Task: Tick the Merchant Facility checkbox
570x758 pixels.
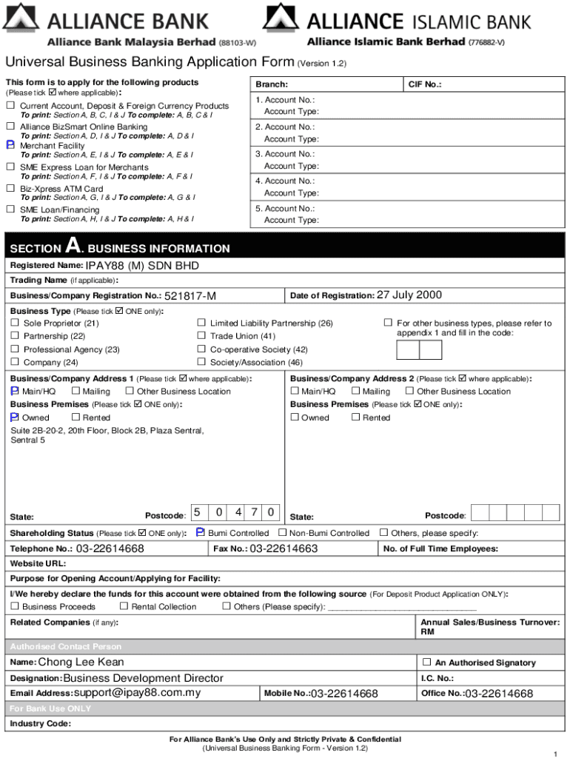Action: [x=11, y=146]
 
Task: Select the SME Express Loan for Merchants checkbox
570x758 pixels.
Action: [x=11, y=167]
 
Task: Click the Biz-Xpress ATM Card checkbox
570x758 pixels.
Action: [x=11, y=189]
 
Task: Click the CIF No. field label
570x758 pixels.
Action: [x=425, y=85]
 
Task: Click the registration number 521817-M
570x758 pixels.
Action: [x=190, y=296]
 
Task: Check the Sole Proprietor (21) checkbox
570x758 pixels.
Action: [x=14, y=323]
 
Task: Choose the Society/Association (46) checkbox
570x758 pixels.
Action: [x=201, y=363]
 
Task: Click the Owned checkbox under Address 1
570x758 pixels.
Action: [x=14, y=417]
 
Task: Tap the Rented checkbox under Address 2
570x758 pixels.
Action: [x=355, y=417]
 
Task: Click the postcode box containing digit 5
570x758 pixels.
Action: [x=198, y=512]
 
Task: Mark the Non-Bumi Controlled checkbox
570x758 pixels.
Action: [x=283, y=533]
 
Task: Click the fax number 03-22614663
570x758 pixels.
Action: [x=284, y=549]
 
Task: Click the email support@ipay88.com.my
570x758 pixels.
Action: [x=137, y=694]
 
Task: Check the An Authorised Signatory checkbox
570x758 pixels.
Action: [x=426, y=663]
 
